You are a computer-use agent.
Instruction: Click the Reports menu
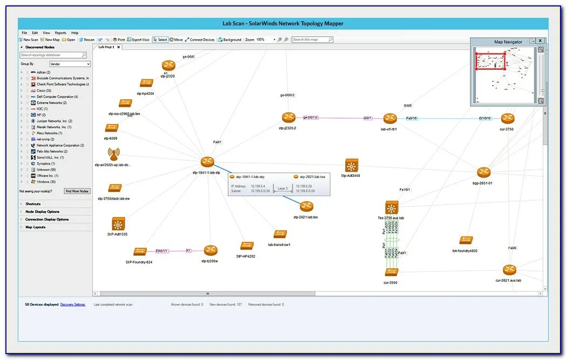(x=60, y=33)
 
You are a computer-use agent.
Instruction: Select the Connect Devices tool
(x=200, y=39)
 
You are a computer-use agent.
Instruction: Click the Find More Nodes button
(x=78, y=191)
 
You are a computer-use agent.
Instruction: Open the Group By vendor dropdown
(x=70, y=64)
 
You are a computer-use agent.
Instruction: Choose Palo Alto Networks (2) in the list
(x=52, y=151)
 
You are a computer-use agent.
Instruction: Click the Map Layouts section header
(x=36, y=227)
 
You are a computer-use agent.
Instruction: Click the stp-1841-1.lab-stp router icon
(x=208, y=162)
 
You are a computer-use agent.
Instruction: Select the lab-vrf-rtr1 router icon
(x=390, y=118)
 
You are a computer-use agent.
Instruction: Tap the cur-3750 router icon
(x=507, y=118)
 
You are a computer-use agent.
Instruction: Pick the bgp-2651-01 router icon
(x=483, y=172)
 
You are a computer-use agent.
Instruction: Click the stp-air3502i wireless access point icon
(x=113, y=154)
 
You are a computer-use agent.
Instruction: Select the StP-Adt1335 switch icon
(x=118, y=224)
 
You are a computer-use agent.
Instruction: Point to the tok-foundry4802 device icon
(x=466, y=240)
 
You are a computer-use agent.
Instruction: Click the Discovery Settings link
(x=73, y=304)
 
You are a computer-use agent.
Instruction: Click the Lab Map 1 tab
(x=106, y=47)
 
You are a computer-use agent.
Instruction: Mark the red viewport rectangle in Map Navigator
(x=490, y=61)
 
